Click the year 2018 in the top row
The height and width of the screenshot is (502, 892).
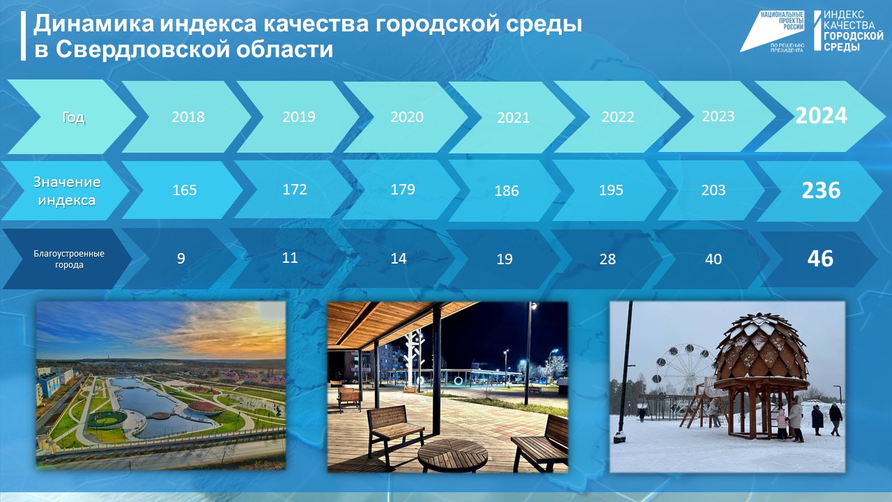tap(188, 116)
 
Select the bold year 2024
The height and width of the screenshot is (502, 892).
tap(821, 116)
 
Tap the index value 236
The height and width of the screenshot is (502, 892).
tap(821, 190)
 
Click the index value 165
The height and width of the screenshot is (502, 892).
tap(185, 190)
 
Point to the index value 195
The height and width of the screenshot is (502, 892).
tap(611, 190)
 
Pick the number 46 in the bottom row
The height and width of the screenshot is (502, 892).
tap(820, 259)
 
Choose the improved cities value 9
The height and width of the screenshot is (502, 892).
tap(180, 259)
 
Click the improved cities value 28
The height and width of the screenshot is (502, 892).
tap(608, 259)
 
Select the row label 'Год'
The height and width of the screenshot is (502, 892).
tap(73, 117)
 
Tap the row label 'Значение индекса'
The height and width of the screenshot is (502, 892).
tap(68, 191)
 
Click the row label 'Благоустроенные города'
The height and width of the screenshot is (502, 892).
tap(69, 259)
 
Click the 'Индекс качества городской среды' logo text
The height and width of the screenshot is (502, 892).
tap(853, 31)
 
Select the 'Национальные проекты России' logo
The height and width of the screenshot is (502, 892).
tap(774, 31)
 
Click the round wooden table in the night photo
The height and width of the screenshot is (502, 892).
tap(452, 452)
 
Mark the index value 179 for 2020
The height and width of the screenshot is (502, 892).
tap(403, 190)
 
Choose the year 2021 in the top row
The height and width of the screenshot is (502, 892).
tap(514, 118)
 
